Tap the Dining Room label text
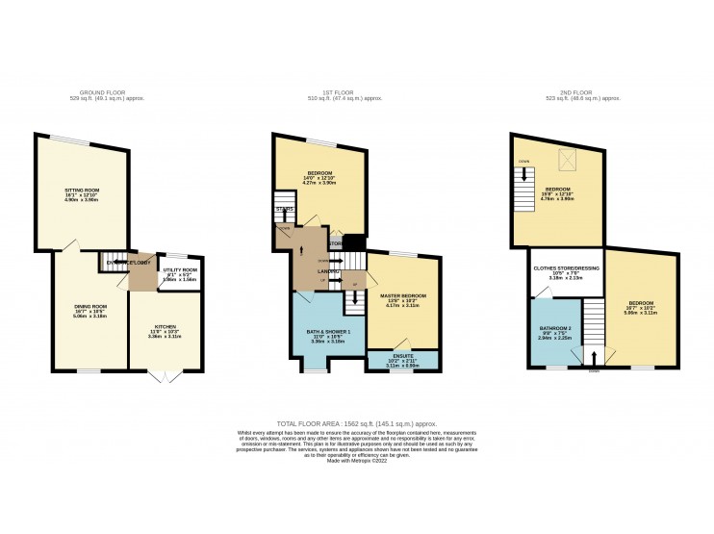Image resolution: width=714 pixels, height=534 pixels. pyautogui.click(x=89, y=308)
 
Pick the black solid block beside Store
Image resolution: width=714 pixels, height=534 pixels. pyautogui.click(x=353, y=242)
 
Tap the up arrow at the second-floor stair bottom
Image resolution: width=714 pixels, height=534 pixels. pyautogui.click(x=593, y=357)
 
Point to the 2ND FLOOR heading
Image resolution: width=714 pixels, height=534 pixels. pyautogui.click(x=581, y=93)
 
